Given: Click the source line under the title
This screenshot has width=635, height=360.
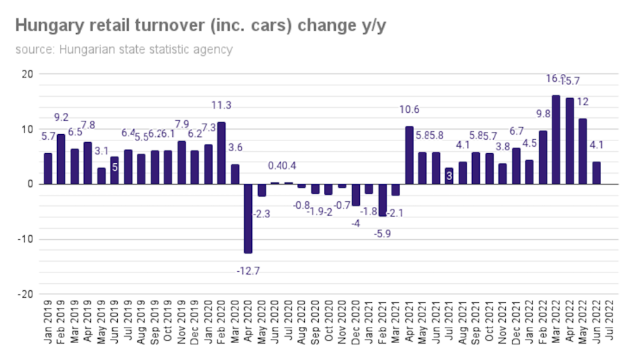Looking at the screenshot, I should (124, 49).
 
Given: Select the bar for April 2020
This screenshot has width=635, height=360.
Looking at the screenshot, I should (248, 218).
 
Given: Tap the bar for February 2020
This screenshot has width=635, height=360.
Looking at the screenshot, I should (222, 152).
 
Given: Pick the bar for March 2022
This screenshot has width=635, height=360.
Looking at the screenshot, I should (556, 140).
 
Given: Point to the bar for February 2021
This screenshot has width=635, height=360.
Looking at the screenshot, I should (382, 200).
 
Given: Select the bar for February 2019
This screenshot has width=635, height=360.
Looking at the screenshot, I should (61, 159).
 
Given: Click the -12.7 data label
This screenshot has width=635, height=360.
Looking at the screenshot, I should (248, 268).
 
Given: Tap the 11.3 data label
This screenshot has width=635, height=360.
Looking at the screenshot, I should (222, 105).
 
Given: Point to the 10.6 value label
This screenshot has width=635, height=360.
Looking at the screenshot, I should (409, 109).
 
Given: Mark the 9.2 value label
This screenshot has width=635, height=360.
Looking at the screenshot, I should (61, 116).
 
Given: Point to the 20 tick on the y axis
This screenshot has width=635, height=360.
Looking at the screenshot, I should (28, 73).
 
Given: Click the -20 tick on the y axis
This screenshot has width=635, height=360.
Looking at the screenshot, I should (25, 294).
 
